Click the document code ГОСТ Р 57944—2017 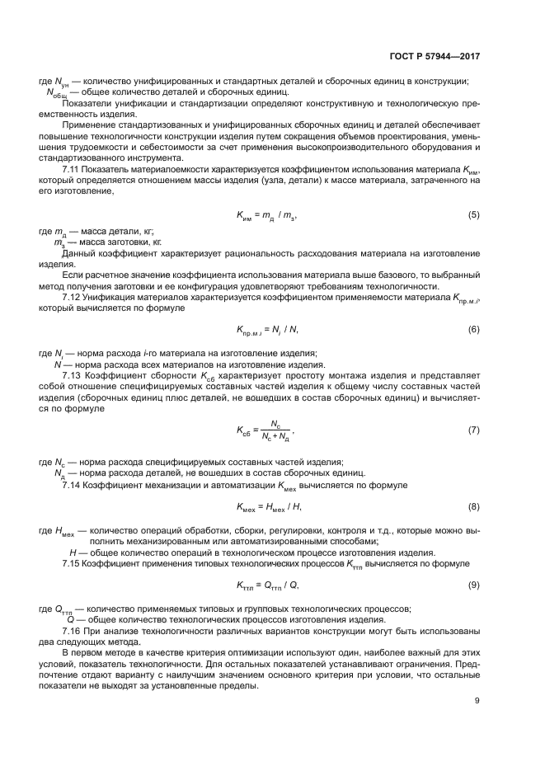(435, 57)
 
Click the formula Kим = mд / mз (265, 216)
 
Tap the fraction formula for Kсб (264, 430)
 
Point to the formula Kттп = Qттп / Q (265, 585)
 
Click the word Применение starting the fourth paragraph (86, 124)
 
